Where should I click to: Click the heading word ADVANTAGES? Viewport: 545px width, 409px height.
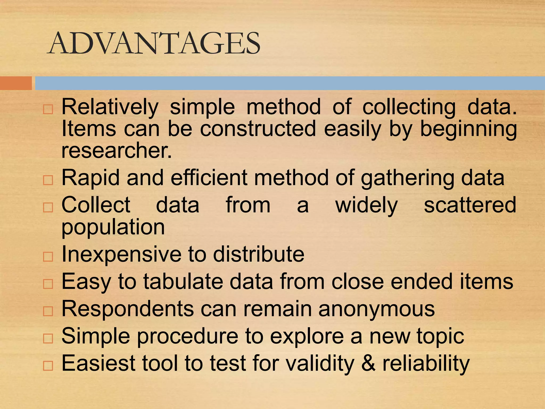click(x=154, y=43)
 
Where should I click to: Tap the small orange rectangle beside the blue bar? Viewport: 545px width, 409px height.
click(x=16, y=83)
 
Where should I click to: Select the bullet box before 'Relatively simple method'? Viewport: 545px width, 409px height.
click(x=48, y=109)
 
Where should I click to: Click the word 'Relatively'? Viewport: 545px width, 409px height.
click(x=110, y=107)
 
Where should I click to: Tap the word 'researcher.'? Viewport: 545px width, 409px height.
click(x=117, y=150)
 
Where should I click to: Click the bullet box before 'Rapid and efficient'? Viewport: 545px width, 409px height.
click(x=48, y=180)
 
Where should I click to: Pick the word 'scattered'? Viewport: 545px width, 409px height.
click(x=470, y=205)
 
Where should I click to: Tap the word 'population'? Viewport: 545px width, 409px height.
click(x=113, y=227)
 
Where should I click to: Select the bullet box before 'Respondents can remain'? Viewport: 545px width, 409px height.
click(x=48, y=311)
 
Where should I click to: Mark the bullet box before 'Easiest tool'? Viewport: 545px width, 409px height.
click(x=48, y=366)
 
